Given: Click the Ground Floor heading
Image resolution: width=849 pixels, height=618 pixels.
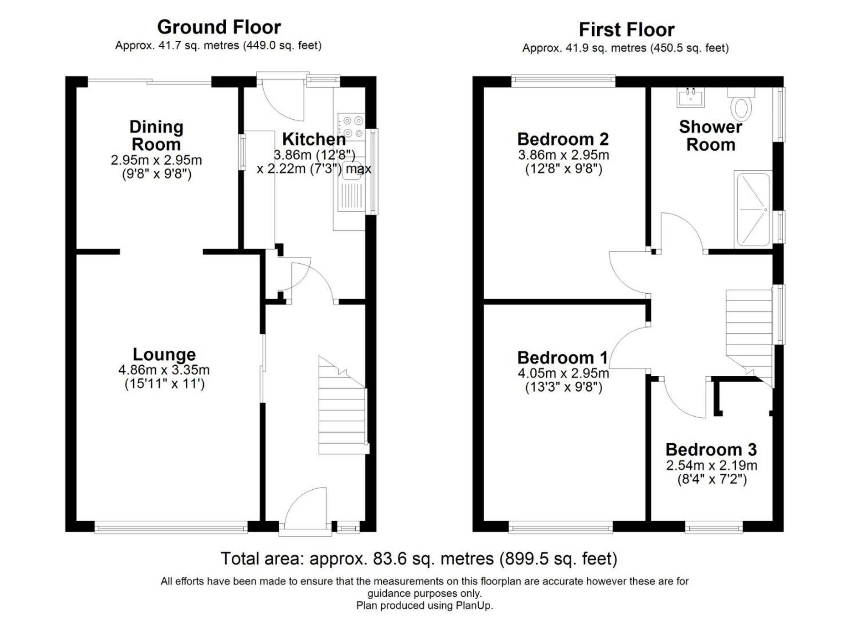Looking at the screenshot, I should (x=219, y=28).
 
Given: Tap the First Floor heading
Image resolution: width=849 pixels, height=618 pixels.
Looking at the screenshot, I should (x=626, y=30).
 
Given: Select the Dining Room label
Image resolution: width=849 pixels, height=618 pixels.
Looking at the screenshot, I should (x=156, y=135).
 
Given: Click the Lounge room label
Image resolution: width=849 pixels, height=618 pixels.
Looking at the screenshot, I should (x=164, y=355).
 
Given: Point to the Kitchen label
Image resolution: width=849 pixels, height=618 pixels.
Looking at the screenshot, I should (x=314, y=139).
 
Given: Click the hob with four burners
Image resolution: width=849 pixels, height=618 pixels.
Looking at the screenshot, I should (x=351, y=127).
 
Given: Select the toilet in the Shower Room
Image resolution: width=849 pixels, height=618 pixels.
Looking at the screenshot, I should (x=741, y=106).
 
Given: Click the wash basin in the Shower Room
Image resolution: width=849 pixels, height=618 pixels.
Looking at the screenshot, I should (x=690, y=97).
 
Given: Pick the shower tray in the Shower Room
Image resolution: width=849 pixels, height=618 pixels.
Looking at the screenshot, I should (x=753, y=209).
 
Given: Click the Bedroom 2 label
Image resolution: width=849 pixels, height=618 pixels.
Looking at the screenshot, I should (x=563, y=139).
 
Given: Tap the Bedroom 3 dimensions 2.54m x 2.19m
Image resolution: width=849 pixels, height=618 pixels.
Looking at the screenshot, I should (x=711, y=466).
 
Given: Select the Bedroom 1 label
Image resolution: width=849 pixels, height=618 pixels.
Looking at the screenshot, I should (x=562, y=358).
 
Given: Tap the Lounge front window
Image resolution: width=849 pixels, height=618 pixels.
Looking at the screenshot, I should (x=171, y=529).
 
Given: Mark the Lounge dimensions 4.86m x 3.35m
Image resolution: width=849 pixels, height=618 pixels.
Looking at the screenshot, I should (x=164, y=370).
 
